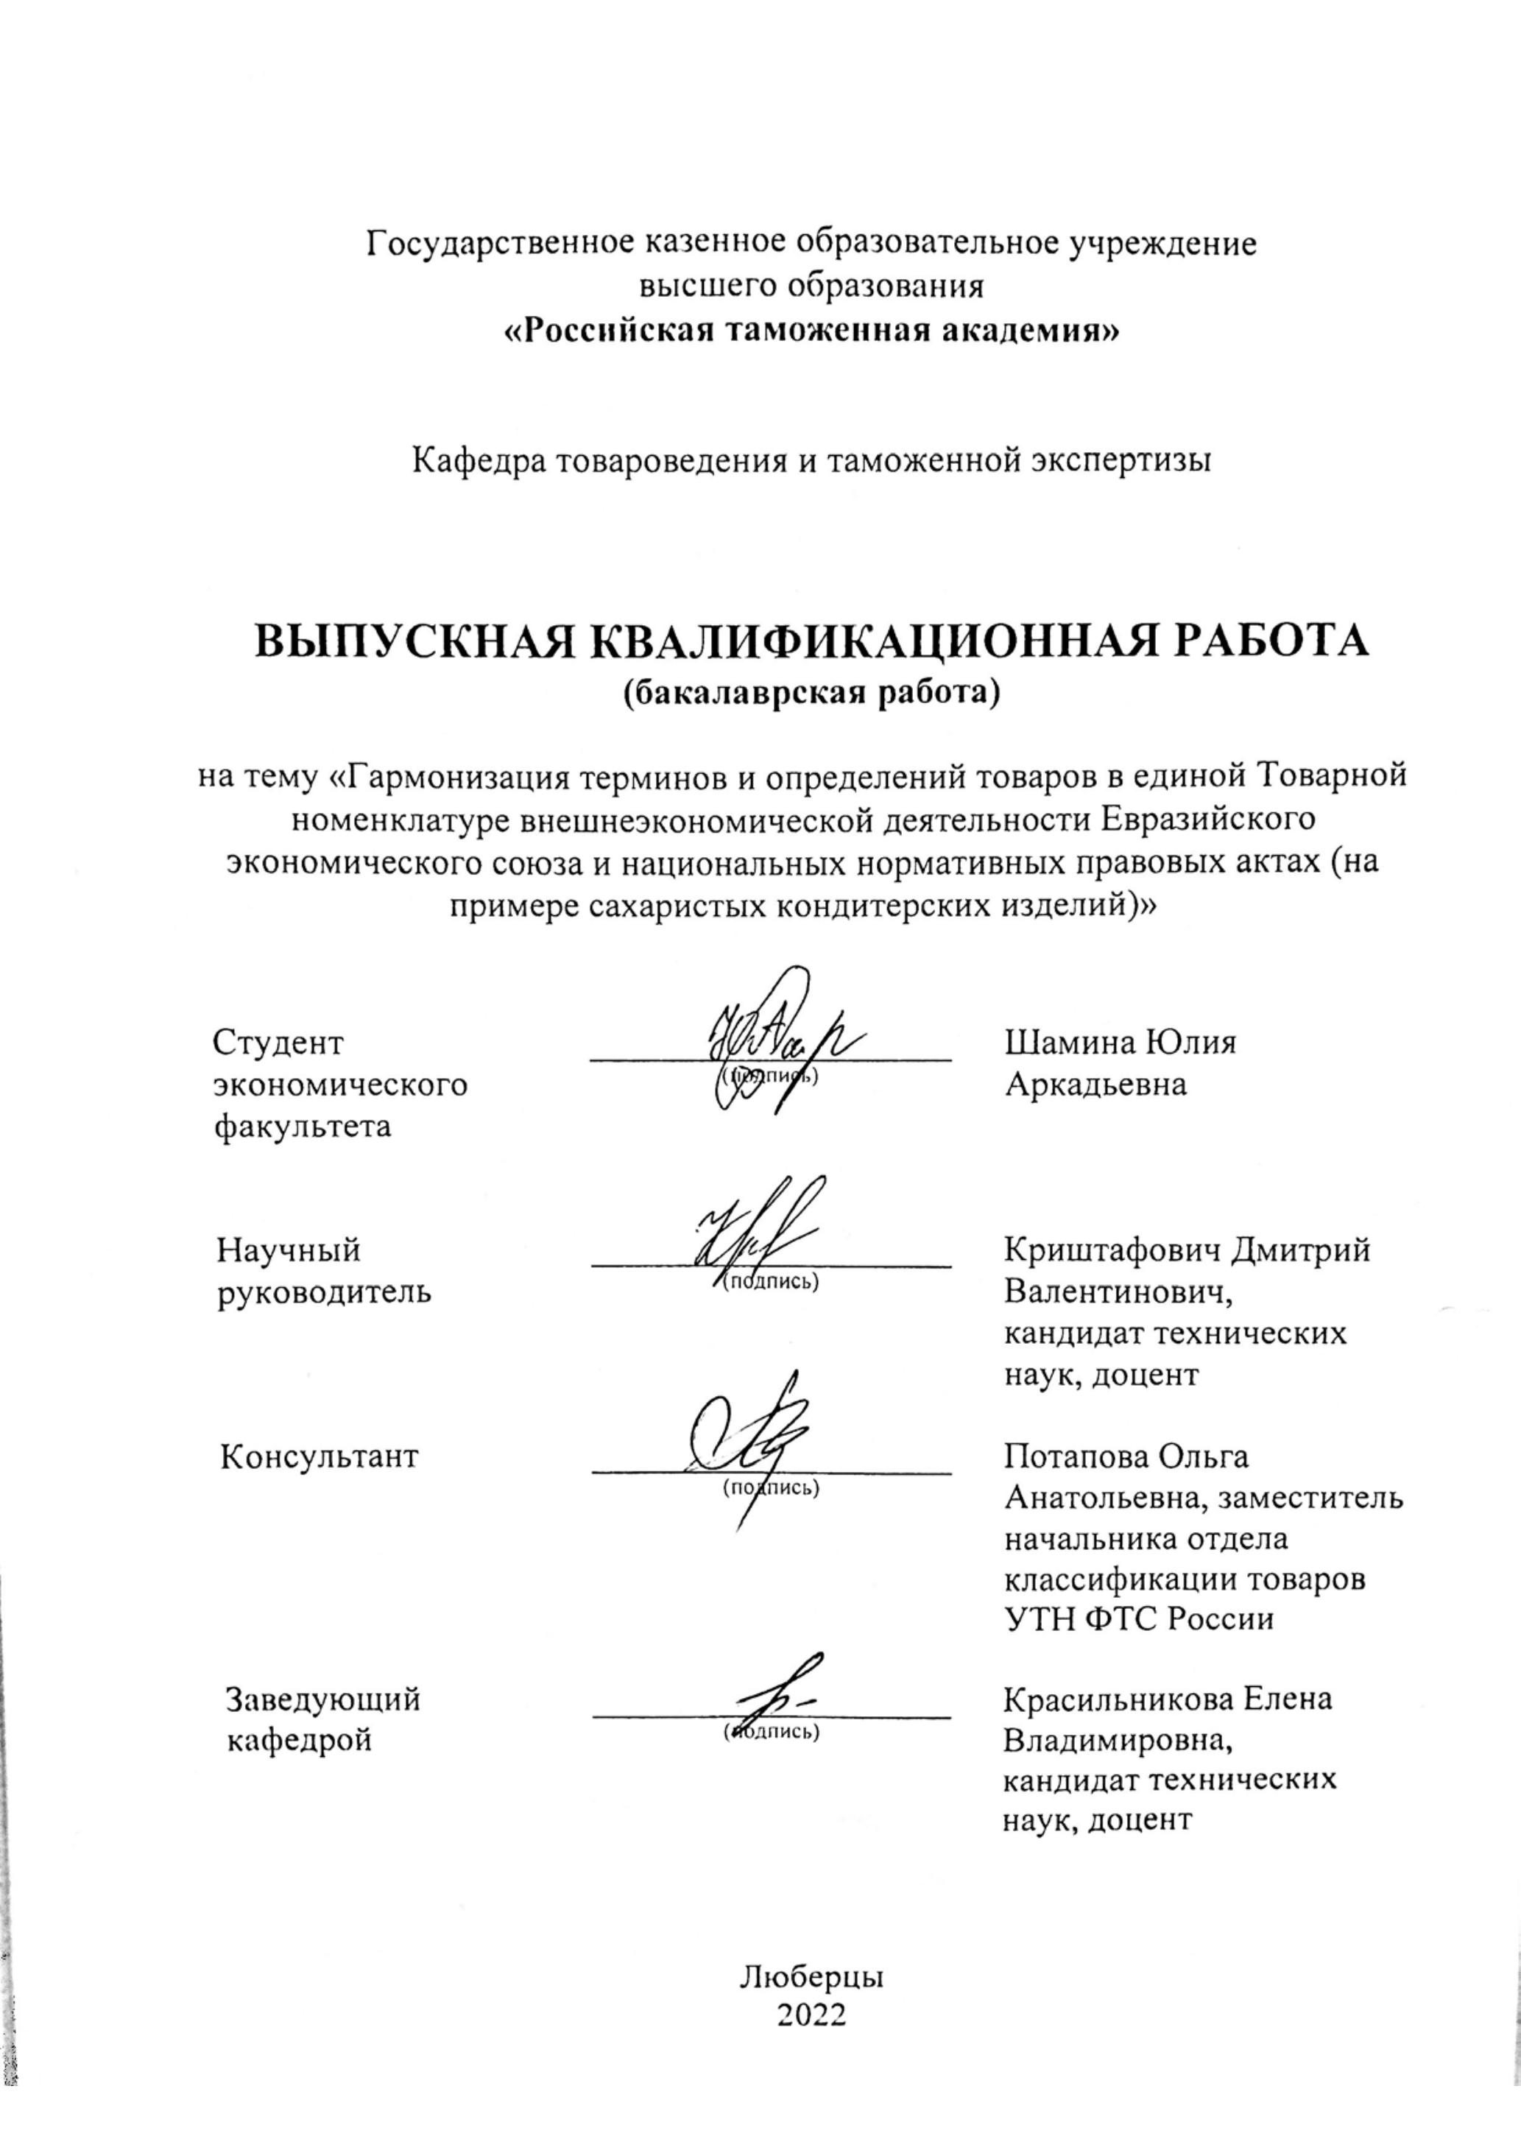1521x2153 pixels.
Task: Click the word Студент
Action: pos(278,1042)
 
